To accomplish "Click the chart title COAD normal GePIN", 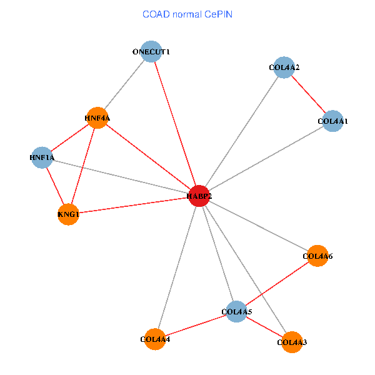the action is coord(187,14).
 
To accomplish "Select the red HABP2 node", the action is coord(199,196).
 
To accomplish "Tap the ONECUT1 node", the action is coord(151,51).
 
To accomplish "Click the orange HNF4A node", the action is coord(97,117).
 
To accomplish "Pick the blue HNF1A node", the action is coord(42,158).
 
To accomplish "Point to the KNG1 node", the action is coord(68,214).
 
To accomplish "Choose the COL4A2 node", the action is coord(284,67).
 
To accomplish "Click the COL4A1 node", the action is coord(332,121).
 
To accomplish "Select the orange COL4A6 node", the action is coord(317,256).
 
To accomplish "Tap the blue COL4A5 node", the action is coord(236,311).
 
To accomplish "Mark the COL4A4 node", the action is coord(155,339).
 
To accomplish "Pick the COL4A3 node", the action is coord(292,342).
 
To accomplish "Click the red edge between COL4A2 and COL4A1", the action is coord(309,94).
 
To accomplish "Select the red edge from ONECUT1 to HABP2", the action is coord(175,123).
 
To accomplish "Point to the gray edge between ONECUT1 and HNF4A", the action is coord(124,84).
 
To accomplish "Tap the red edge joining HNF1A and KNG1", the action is coord(55,186).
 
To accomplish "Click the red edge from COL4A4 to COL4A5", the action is coord(196,325).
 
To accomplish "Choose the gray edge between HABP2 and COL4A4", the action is coord(177,267).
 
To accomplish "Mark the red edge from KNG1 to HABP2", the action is coord(134,206).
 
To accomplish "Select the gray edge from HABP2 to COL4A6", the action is coord(258,226).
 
